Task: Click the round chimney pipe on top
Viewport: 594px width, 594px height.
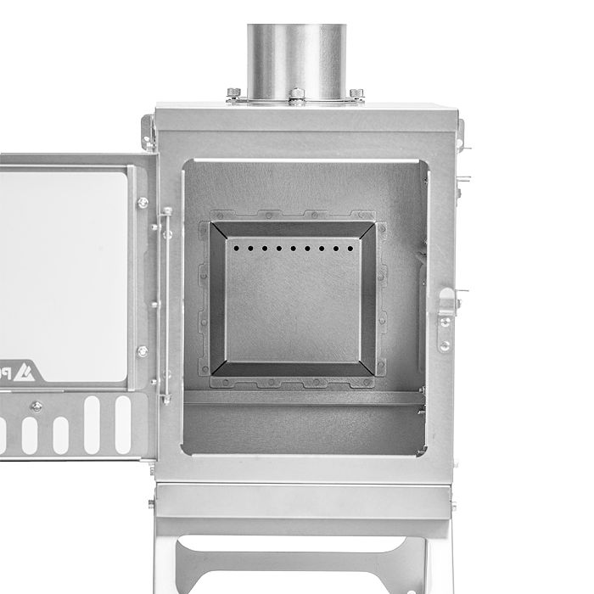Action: click(x=296, y=55)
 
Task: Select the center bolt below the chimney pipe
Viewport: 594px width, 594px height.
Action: click(x=296, y=94)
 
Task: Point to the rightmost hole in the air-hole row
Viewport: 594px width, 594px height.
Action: click(x=349, y=249)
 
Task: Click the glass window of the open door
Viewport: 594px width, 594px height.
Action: click(x=64, y=272)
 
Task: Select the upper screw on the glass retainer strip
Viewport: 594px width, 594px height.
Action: click(x=142, y=203)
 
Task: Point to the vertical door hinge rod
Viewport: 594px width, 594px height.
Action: click(x=166, y=305)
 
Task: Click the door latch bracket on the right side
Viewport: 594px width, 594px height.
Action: click(x=446, y=305)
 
